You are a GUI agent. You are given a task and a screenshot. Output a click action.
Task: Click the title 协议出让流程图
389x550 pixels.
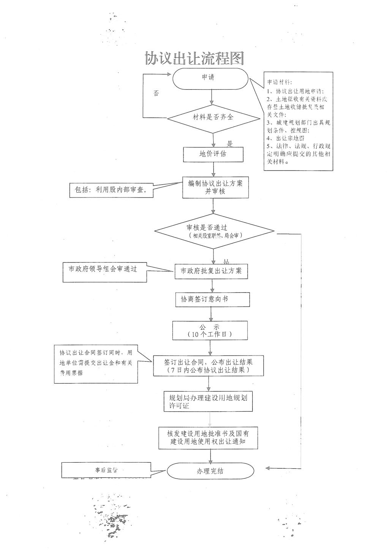pos(194,58)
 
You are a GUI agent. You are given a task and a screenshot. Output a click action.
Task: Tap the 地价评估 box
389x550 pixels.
pos(213,154)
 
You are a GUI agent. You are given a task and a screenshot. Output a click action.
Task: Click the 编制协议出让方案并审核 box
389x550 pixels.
pos(215,187)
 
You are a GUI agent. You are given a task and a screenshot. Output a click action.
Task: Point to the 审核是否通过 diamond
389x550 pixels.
pos(214,231)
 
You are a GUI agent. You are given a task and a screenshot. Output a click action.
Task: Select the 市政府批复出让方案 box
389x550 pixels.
pos(211,271)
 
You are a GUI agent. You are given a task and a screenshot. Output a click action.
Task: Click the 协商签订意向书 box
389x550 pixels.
pos(212,299)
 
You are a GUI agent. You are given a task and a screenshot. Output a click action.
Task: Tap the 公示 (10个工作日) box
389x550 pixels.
pos(210,330)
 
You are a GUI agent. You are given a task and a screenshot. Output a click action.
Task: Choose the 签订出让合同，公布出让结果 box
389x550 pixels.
pos(208,365)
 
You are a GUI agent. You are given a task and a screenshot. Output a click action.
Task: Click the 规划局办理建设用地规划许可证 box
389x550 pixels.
pos(208,401)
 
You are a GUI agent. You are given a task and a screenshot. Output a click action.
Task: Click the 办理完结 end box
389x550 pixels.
pos(210,471)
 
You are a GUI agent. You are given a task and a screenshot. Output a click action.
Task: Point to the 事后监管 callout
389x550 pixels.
pos(106,470)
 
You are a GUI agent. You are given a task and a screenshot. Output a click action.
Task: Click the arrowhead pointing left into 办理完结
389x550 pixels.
pos(267,468)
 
